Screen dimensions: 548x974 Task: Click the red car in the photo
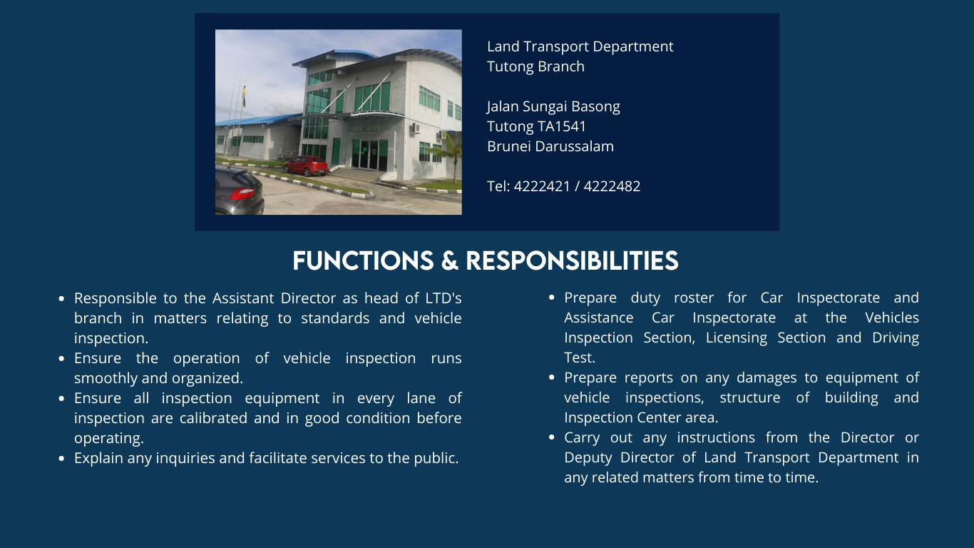(x=306, y=166)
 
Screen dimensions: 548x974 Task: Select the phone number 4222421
(x=541, y=186)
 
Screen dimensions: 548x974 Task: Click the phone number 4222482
(x=612, y=186)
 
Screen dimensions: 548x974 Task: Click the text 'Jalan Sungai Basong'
(x=553, y=106)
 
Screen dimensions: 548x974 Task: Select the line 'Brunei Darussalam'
(x=550, y=146)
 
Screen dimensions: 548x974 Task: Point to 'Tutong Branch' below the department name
(x=535, y=66)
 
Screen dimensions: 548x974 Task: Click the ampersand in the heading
(x=449, y=261)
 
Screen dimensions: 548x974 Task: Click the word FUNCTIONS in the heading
(x=363, y=261)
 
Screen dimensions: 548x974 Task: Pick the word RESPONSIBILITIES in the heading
(x=572, y=261)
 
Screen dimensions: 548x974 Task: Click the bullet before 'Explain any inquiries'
(x=62, y=458)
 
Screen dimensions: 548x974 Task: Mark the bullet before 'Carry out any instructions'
(x=552, y=437)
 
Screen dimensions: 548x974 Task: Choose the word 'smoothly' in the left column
(x=106, y=377)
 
